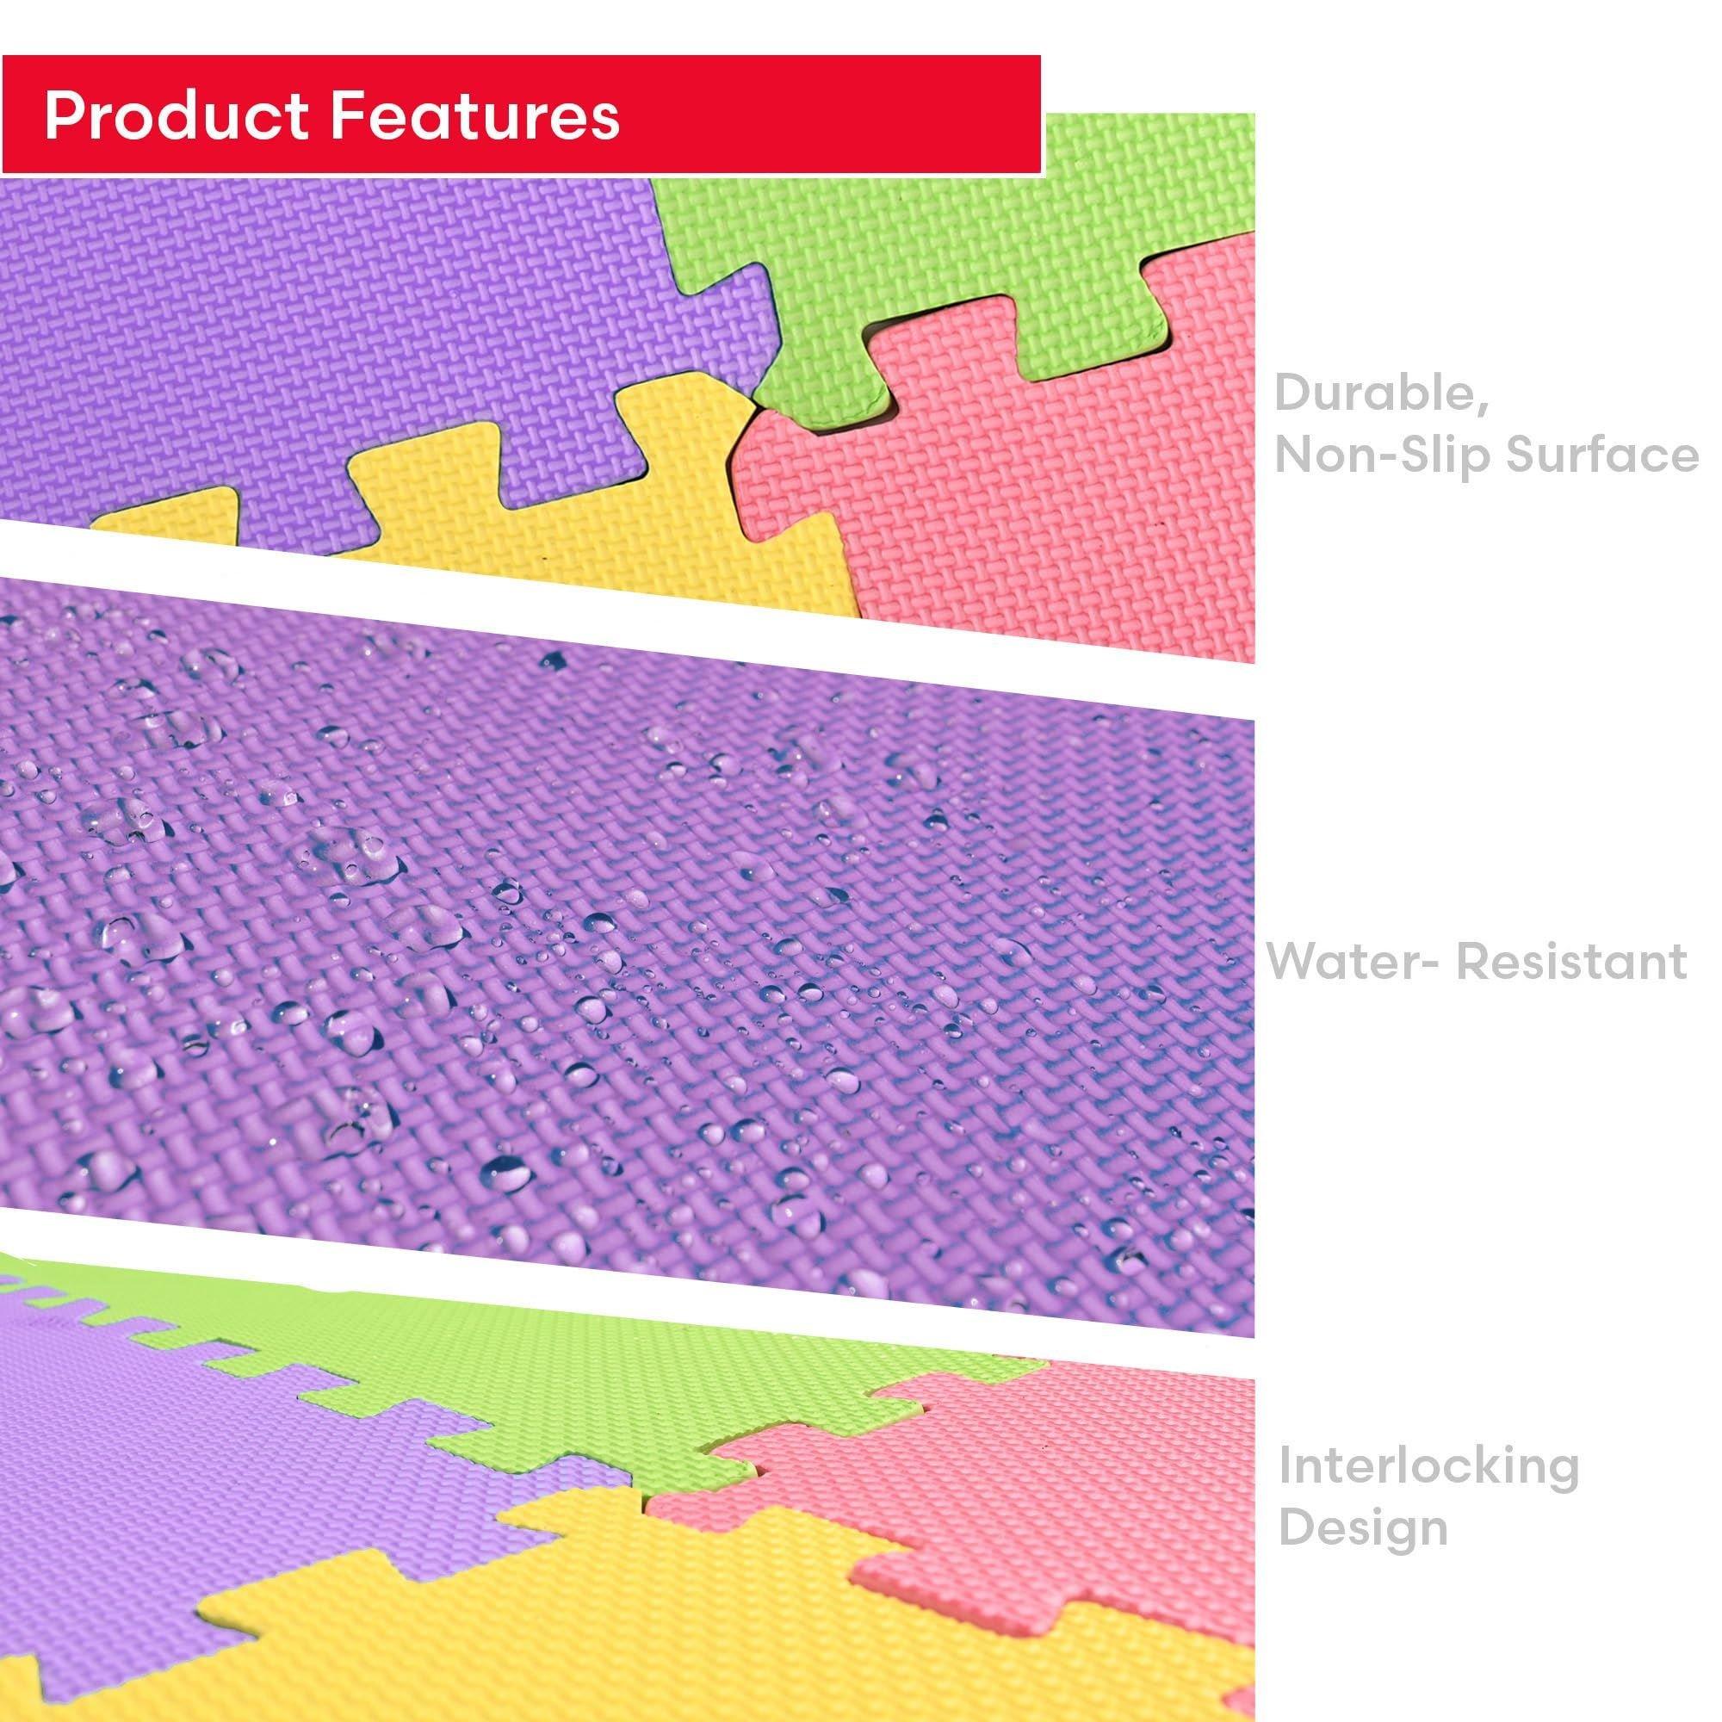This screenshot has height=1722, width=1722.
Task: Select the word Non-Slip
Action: coord(1382,455)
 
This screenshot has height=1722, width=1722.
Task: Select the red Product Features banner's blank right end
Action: coord(846,115)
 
